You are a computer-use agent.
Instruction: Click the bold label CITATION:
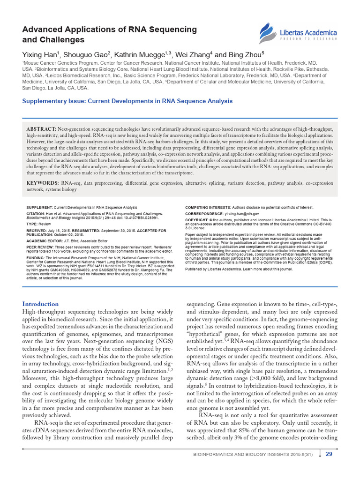(x=36, y=213)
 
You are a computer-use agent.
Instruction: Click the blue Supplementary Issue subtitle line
(x=127, y=101)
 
